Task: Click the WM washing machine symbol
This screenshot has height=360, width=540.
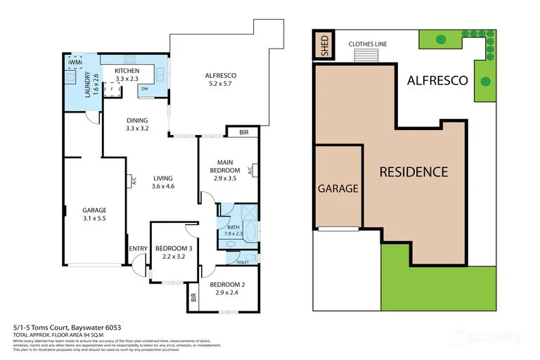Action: click(x=75, y=63)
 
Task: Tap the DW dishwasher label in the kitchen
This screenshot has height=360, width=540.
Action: click(x=143, y=89)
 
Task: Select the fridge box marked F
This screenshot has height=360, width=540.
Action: click(x=111, y=89)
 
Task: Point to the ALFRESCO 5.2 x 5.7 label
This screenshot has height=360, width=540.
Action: click(x=220, y=79)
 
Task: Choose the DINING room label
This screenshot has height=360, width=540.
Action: click(x=137, y=124)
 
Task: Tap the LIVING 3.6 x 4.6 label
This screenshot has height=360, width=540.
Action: click(x=162, y=182)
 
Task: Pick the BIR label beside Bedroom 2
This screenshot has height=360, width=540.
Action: click(x=193, y=297)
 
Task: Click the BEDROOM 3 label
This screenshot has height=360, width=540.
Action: click(x=169, y=252)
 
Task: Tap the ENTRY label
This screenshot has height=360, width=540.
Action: click(x=139, y=248)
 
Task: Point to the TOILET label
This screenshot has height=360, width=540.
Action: click(x=243, y=262)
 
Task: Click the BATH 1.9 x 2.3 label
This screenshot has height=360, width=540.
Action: click(x=234, y=231)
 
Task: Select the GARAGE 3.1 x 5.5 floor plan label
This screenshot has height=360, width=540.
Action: click(x=94, y=214)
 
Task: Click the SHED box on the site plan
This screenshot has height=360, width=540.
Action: click(x=324, y=46)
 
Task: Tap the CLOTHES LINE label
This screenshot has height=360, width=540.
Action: click(x=368, y=44)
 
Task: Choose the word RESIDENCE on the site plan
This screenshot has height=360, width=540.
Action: click(x=413, y=172)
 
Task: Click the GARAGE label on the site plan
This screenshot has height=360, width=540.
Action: click(x=338, y=188)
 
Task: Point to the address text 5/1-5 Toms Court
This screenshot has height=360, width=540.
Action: click(x=53, y=328)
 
